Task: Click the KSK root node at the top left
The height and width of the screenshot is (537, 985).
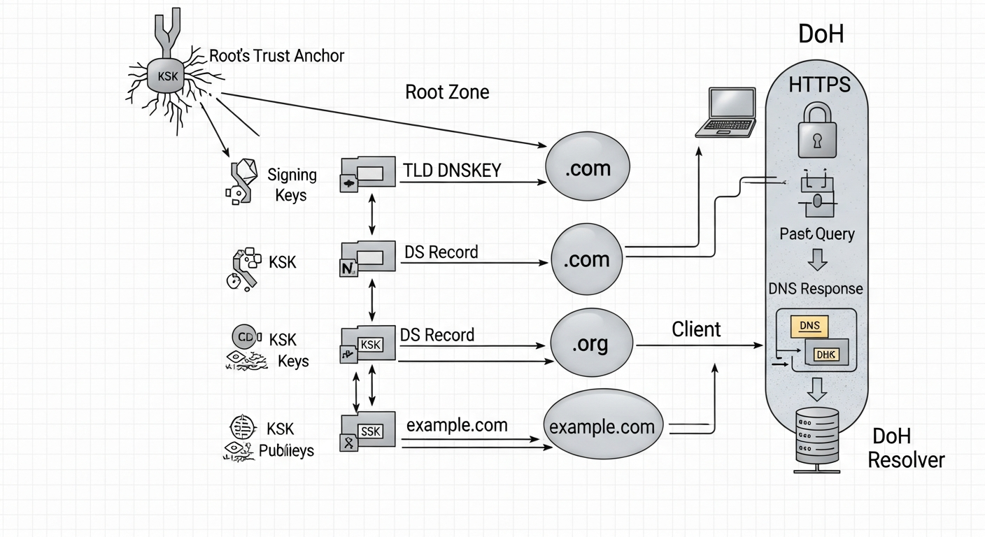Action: [168, 76]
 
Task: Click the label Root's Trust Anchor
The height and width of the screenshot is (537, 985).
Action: [277, 56]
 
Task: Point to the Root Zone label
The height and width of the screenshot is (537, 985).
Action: [447, 92]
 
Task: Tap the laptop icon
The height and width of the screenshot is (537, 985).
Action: [726, 113]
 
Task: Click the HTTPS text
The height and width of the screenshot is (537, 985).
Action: [819, 85]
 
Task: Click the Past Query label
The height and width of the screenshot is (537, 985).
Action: [817, 234]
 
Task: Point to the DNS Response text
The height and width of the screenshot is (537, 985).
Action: [816, 289]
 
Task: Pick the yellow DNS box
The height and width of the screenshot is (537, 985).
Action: [809, 325]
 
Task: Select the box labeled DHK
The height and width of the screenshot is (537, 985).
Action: [826, 354]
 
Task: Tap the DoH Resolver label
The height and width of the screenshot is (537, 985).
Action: [905, 448]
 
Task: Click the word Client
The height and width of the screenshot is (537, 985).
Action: [696, 329]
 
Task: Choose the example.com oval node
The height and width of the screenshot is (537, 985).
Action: [602, 427]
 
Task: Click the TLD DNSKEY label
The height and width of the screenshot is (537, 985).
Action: [452, 170]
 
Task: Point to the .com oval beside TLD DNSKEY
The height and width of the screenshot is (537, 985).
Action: [588, 168]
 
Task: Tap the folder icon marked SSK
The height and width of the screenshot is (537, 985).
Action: [368, 431]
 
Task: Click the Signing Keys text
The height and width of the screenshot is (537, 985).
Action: [292, 185]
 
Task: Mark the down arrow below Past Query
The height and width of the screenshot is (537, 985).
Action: [817, 261]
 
